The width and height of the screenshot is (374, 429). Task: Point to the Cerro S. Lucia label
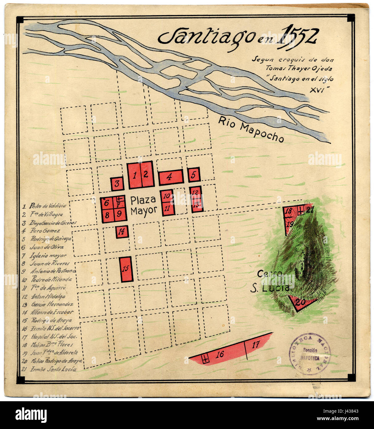(x=269, y=281)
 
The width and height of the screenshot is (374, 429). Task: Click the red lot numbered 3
(x=117, y=184)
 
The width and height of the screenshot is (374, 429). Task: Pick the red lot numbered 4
(x=171, y=177)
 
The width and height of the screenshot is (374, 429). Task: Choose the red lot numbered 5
(x=194, y=175)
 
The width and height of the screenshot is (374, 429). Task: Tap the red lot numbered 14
(x=122, y=231)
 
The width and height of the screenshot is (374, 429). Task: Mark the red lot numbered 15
(x=126, y=269)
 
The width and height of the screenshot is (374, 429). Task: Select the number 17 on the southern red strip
(x=255, y=345)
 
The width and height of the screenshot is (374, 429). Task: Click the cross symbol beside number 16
(x=205, y=358)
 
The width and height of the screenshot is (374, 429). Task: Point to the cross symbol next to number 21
(x=300, y=211)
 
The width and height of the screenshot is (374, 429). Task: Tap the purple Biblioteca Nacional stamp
(x=310, y=354)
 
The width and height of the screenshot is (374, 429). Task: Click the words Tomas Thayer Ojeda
(x=292, y=68)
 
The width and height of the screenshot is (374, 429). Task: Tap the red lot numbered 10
(x=166, y=196)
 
